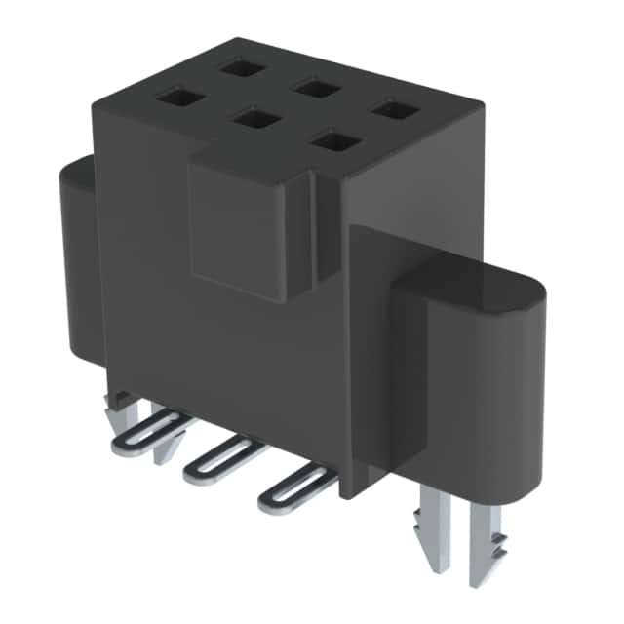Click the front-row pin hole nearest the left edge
coord(177,97)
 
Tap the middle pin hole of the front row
coord(255,119)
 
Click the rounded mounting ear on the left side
coord(78,263)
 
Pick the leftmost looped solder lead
coord(146,434)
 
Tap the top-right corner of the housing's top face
coord(481,109)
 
